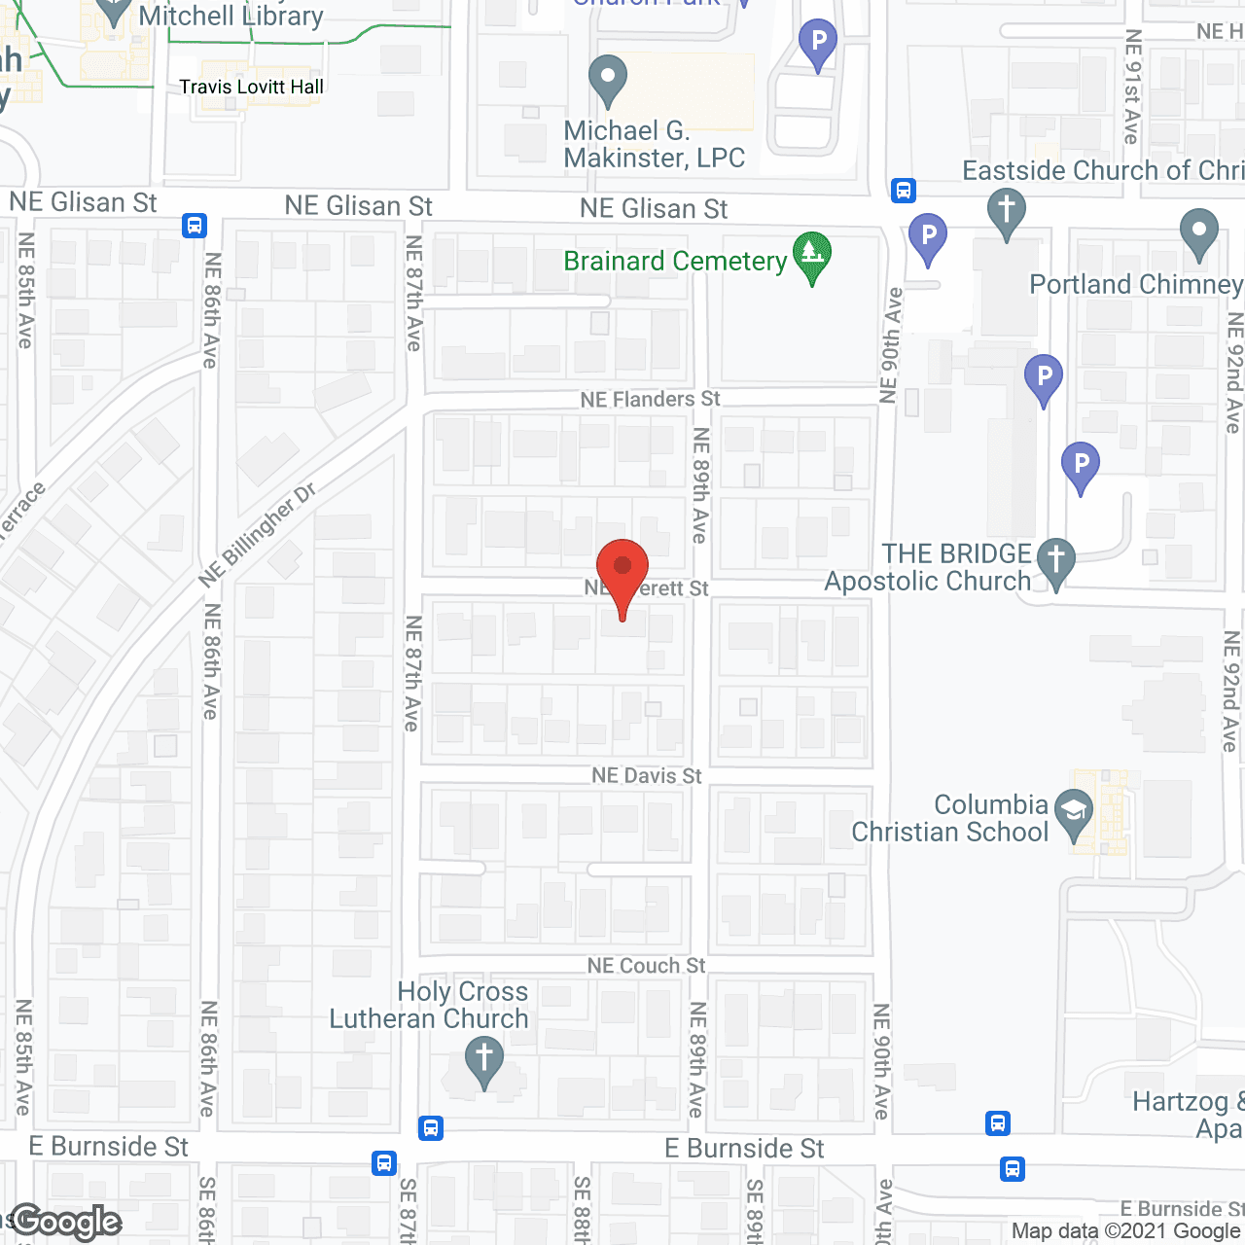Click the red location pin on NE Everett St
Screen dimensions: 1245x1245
[x=622, y=569]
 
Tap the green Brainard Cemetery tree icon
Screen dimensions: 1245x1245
[x=811, y=256]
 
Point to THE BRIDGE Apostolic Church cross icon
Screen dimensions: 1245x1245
[x=1055, y=562]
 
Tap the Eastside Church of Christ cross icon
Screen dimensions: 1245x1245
[x=1006, y=211]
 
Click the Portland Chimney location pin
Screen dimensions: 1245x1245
[x=1198, y=232]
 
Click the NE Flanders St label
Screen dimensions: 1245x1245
[x=650, y=400]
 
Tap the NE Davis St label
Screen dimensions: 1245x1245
[x=647, y=775]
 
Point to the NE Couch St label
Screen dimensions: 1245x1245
[x=646, y=966]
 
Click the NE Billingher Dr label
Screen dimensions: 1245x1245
[x=257, y=536]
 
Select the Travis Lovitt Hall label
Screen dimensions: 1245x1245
[x=251, y=87]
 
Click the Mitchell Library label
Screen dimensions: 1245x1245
[x=231, y=17]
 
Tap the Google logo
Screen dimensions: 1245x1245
[x=66, y=1222]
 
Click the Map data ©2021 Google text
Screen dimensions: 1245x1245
[x=1125, y=1231]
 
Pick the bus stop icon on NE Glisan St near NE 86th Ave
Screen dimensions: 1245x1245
[x=194, y=226]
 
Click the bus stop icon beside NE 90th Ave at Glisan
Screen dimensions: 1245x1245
[x=903, y=190]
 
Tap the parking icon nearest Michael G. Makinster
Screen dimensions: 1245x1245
[x=817, y=43]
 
